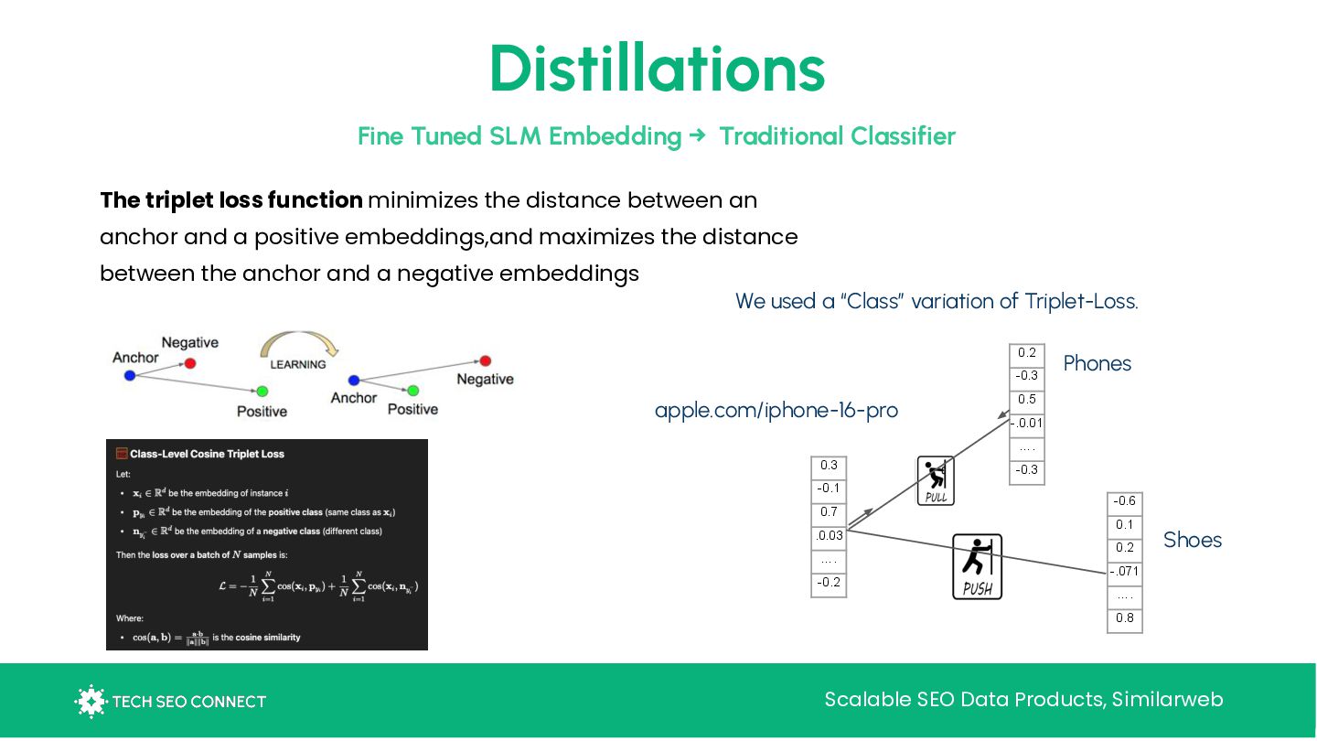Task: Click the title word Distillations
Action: [657, 70]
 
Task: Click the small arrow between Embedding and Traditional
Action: [698, 136]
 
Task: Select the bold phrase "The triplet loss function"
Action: [231, 200]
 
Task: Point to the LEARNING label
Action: [298, 364]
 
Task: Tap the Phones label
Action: [1097, 363]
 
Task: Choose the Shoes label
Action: [1192, 540]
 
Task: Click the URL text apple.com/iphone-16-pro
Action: [776, 410]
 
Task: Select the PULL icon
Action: [936, 480]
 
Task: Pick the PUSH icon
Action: [977, 566]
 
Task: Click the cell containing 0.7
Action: [829, 512]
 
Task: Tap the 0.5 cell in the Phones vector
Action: [1026, 400]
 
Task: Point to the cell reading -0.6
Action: [1124, 501]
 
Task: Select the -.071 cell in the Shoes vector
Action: [1124, 572]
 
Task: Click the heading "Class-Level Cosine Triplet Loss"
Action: [207, 454]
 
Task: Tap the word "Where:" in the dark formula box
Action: [130, 618]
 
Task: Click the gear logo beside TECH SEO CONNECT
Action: [90, 701]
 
